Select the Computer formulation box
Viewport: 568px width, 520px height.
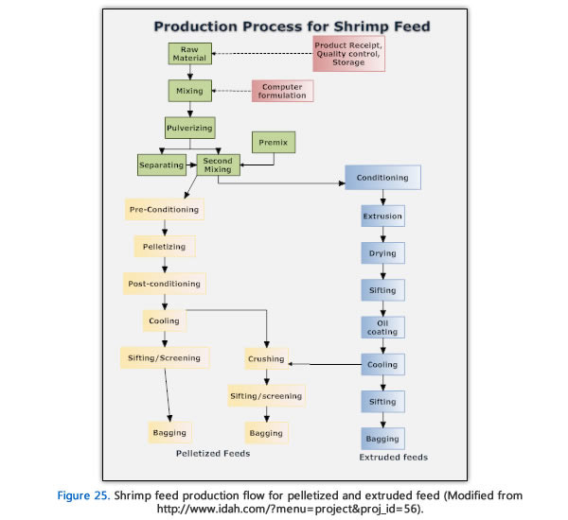tap(281, 91)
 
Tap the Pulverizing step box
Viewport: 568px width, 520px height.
tap(189, 126)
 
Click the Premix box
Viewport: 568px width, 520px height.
tap(274, 143)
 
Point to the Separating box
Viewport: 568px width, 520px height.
tap(161, 165)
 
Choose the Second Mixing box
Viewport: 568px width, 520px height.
tap(218, 165)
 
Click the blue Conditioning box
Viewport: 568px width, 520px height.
tap(382, 177)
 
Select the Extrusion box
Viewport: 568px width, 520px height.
tap(382, 216)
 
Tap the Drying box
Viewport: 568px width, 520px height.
tap(382, 253)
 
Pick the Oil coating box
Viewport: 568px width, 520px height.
tap(382, 326)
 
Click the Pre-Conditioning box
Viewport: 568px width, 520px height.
tap(163, 209)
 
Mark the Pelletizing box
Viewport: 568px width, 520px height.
tap(165, 246)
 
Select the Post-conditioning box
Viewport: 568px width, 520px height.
tap(164, 283)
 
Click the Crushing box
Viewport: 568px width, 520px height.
tap(265, 358)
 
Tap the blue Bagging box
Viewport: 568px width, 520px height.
tap(382, 439)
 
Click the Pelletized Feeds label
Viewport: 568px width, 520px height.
tap(213, 454)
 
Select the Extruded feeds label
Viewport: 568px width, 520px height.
tap(394, 458)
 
